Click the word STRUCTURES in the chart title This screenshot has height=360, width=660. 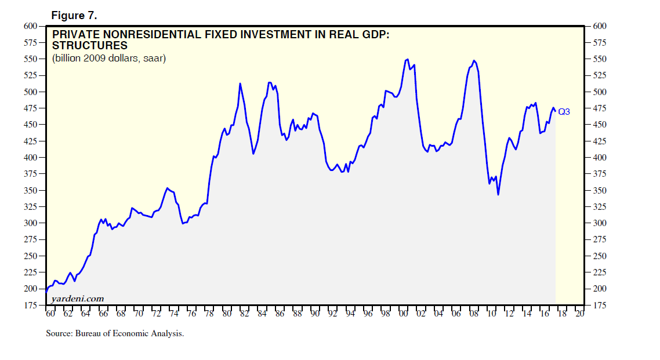pos(90,46)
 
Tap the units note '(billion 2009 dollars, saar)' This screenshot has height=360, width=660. pos(109,59)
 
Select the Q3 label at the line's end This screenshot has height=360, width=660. pos(564,112)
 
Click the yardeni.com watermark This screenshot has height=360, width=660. pos(78,299)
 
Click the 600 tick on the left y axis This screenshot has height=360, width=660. pos(30,26)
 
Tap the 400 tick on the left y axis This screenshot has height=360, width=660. pos(30,158)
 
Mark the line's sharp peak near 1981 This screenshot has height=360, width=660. pos(240,83)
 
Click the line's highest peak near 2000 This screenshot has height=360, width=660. pos(407,59)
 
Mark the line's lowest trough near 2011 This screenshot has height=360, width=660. pos(498,194)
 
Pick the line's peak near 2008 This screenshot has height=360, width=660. pos(474,60)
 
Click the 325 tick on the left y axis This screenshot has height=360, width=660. pos(30,207)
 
